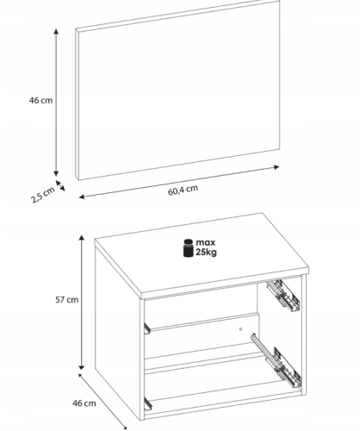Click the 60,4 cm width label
pos(183,191)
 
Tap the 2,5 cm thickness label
pos(43,195)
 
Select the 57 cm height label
pos(66,300)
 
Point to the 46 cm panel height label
pos(40,100)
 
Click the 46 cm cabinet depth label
pos(84,403)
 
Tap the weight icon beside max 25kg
pos(189,248)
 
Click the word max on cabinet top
pos(206,243)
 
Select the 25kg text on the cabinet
pos(206,253)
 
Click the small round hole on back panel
pos(240,329)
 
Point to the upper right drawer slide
pos(283,296)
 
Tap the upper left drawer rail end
pos(147,328)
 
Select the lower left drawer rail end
pos(148,403)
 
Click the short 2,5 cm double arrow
pos(60,185)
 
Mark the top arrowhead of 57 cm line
pos(82,238)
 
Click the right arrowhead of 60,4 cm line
pos(276,167)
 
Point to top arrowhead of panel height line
pos(56,32)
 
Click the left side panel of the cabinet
pos(118,330)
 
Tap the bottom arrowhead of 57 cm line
pos(82,366)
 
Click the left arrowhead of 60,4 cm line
pos(82,197)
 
